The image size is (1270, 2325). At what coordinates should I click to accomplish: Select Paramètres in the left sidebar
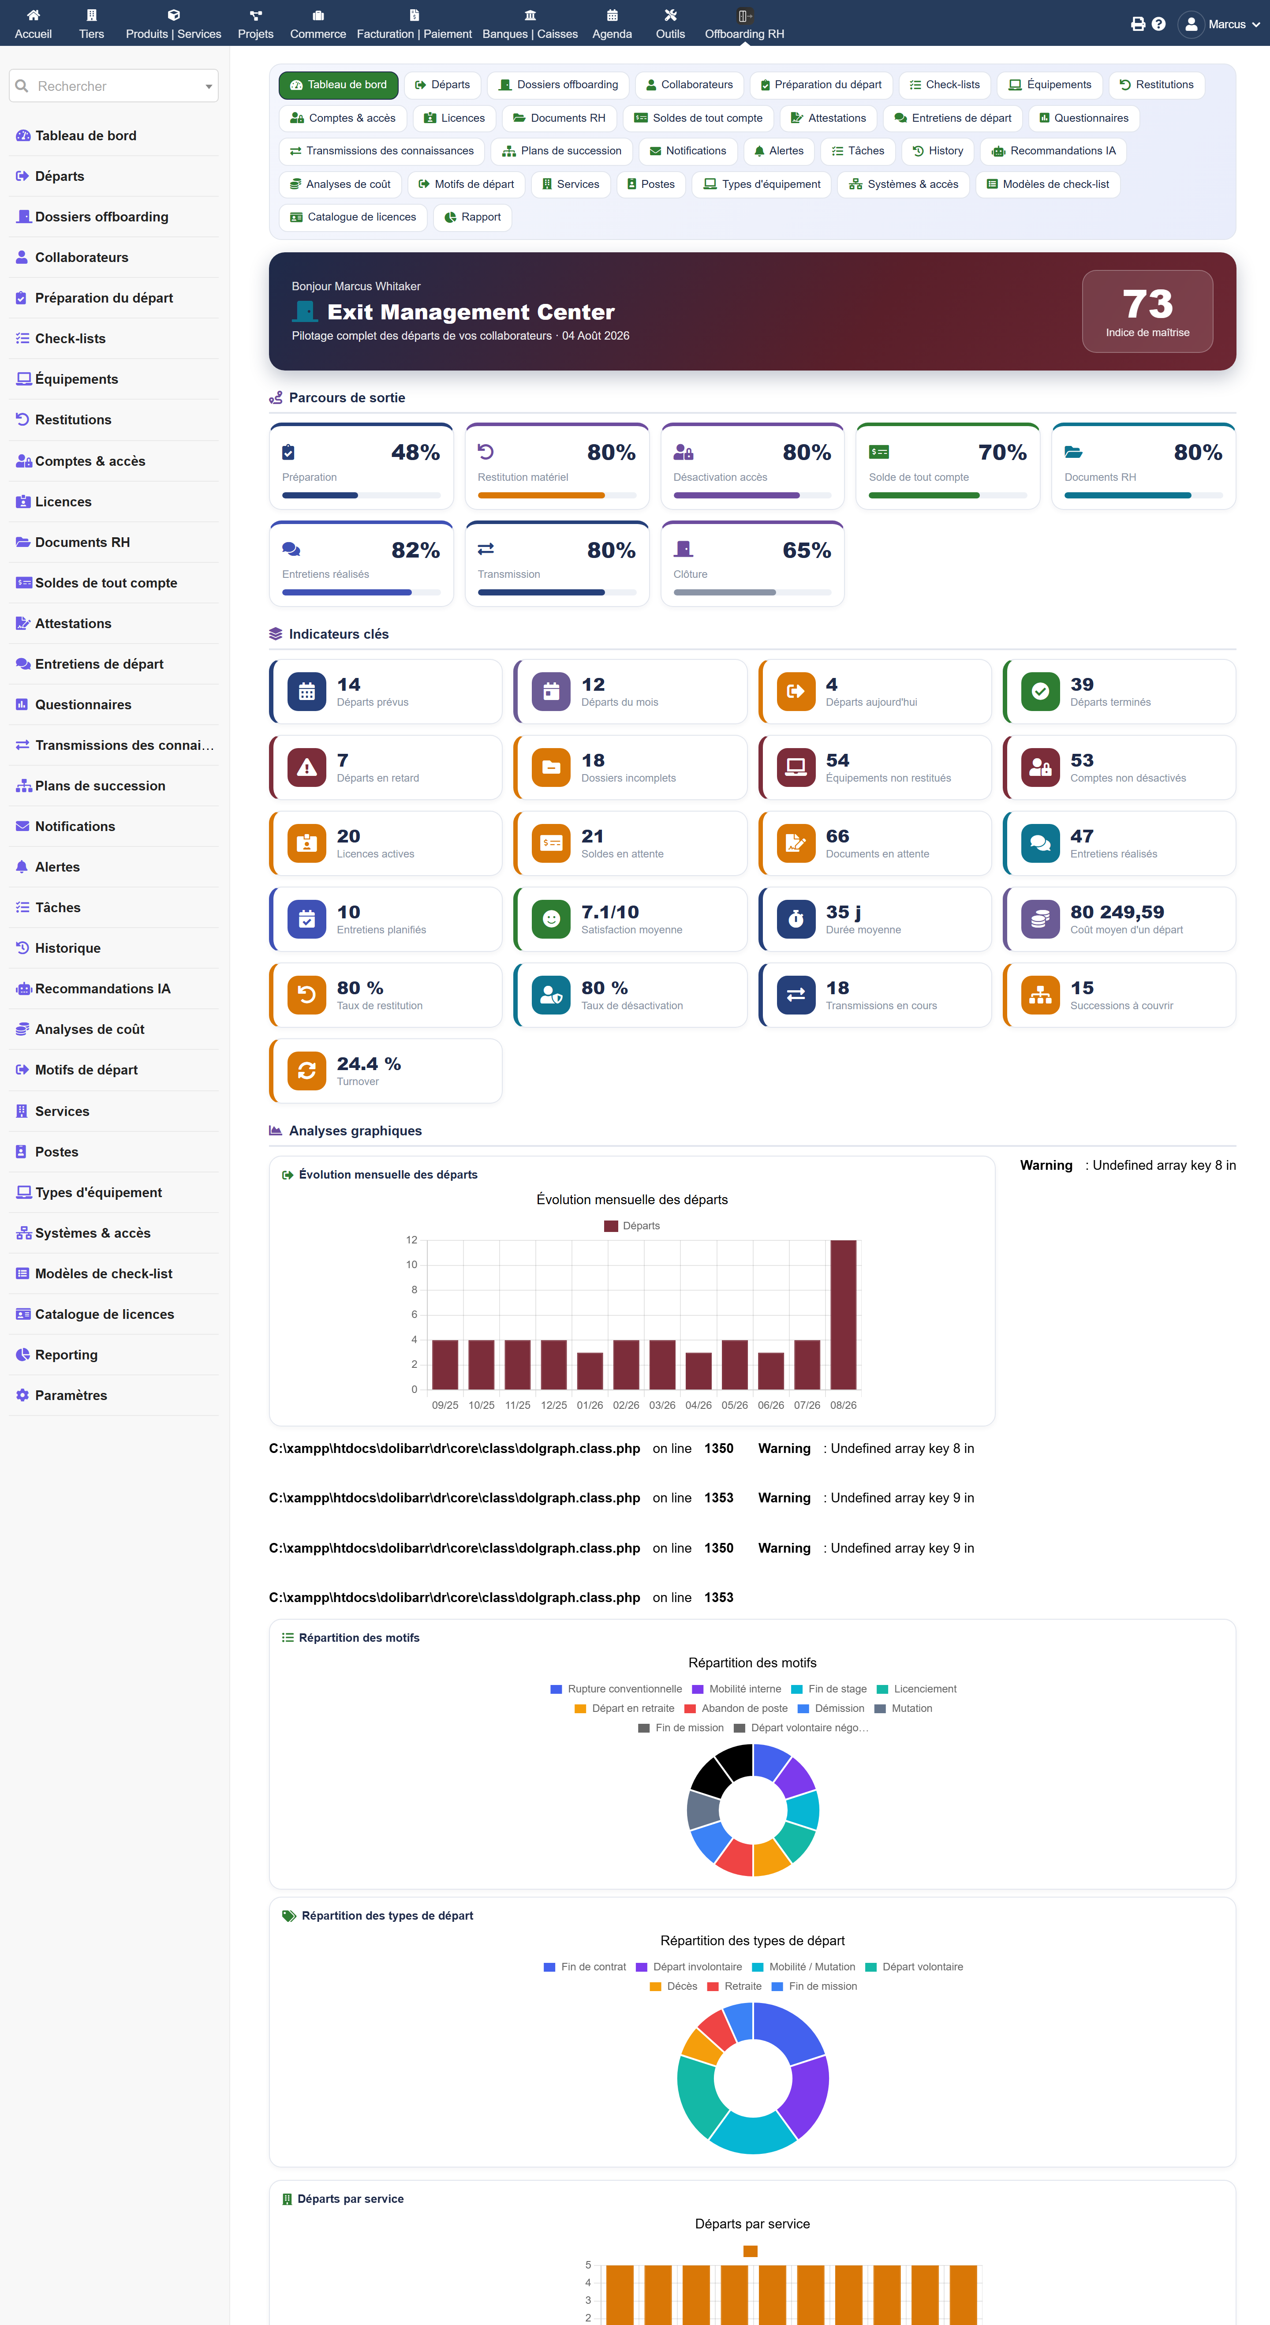click(71, 1395)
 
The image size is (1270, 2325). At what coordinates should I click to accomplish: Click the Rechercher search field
click(114, 86)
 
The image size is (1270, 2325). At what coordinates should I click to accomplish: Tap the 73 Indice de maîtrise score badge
click(1147, 311)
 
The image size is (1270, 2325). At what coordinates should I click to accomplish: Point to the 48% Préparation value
click(415, 452)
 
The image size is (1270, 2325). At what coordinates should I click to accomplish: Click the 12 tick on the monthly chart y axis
click(411, 1240)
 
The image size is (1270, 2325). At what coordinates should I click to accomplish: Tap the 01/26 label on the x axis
click(590, 1405)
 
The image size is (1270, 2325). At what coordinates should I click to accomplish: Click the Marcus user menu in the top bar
click(1219, 24)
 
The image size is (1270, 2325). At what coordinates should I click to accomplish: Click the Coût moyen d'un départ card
click(1119, 919)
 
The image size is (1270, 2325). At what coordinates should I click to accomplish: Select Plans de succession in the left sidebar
click(100, 786)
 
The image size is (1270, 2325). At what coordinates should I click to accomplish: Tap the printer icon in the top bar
click(1137, 24)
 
